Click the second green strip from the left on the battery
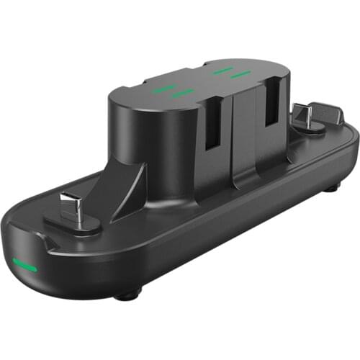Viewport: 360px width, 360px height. click(x=183, y=93)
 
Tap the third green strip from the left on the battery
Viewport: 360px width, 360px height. click(x=222, y=70)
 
